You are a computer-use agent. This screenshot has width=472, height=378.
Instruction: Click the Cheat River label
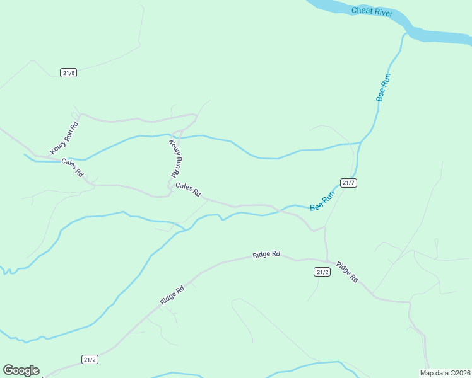tap(372, 13)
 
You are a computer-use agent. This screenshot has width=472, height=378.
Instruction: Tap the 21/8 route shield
tap(69, 72)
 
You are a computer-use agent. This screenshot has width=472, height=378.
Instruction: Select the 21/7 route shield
tap(349, 183)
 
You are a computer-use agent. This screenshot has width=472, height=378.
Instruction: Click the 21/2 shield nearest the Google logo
tap(90, 359)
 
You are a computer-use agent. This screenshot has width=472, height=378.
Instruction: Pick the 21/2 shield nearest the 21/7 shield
tap(322, 272)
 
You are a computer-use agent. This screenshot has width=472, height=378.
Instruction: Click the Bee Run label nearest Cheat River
tap(384, 88)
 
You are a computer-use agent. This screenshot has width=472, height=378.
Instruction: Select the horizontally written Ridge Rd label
tap(266, 255)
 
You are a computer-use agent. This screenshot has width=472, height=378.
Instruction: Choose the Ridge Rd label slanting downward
tap(346, 272)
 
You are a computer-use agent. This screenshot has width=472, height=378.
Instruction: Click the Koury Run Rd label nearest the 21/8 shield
tap(65, 139)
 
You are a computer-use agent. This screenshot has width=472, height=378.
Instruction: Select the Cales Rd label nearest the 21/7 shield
tap(188, 188)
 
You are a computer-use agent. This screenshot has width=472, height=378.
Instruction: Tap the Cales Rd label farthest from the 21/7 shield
tap(72, 167)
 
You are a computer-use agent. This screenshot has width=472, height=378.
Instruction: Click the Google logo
tap(21, 370)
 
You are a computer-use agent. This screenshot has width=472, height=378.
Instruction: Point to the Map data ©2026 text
tap(445, 373)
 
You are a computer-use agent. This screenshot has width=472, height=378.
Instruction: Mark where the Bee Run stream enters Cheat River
tap(404, 31)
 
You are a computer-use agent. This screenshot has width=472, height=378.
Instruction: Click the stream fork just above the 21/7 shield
tap(360, 143)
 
